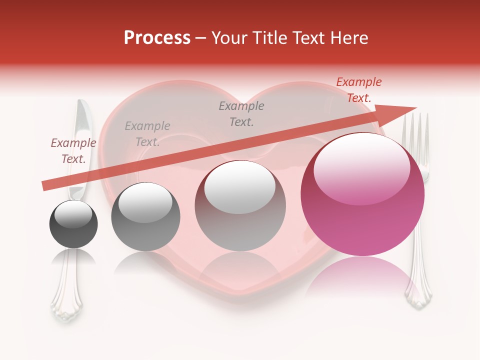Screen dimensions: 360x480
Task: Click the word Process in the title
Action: pos(157,38)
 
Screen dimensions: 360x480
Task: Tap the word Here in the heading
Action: pos(349,38)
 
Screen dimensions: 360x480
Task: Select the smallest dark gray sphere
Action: pos(73,224)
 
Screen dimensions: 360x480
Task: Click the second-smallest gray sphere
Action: pos(145,216)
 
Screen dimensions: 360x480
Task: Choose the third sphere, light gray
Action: pos(240,206)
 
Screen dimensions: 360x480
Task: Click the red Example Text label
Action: pos(358,90)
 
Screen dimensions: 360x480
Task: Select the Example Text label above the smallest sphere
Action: pos(73,151)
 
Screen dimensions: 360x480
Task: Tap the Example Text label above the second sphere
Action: pos(147,134)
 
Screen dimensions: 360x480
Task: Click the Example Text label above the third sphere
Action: pos(241,113)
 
